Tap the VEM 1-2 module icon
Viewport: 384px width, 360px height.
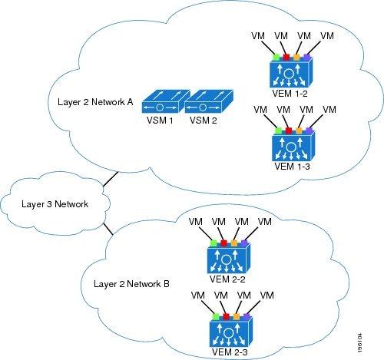(x=290, y=74)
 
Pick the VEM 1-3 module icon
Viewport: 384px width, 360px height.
(x=290, y=145)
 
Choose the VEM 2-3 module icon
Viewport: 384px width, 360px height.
(x=228, y=331)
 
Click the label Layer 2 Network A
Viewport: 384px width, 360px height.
(x=98, y=101)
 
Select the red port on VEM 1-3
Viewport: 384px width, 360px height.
(x=287, y=130)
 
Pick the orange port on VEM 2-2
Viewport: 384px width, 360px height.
(x=234, y=244)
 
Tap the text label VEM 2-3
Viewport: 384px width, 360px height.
(x=228, y=355)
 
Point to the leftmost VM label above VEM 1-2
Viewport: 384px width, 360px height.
(x=259, y=36)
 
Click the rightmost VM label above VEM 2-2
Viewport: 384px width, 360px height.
(x=266, y=223)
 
